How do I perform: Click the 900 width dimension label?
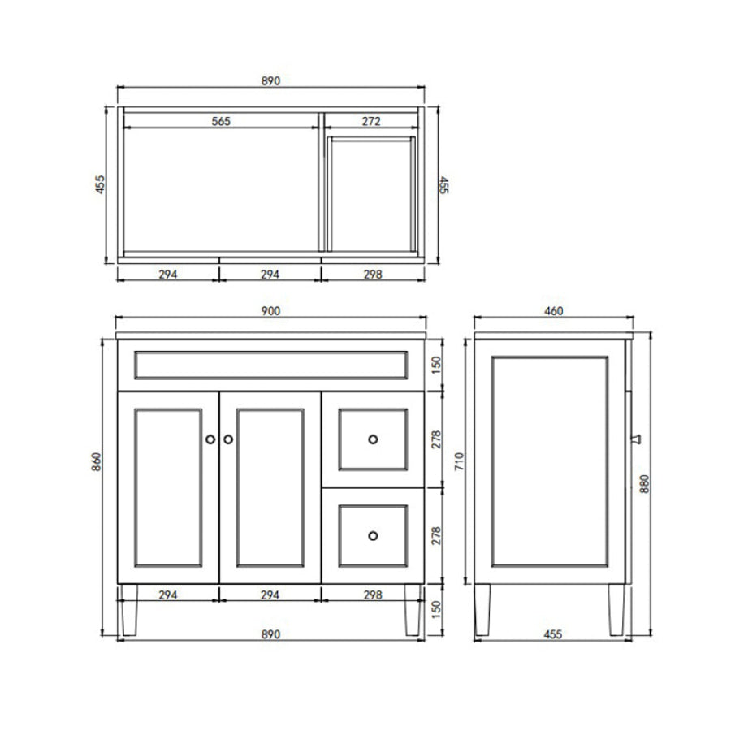[270, 311]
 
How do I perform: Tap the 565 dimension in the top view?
[221, 121]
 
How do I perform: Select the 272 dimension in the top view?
[371, 121]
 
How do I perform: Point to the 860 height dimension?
[96, 461]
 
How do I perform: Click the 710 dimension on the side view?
[459, 461]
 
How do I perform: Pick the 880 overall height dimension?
[644, 484]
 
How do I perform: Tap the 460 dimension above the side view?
[553, 311]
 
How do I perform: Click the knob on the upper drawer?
[373, 439]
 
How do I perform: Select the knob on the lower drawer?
[373, 536]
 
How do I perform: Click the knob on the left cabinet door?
[210, 439]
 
